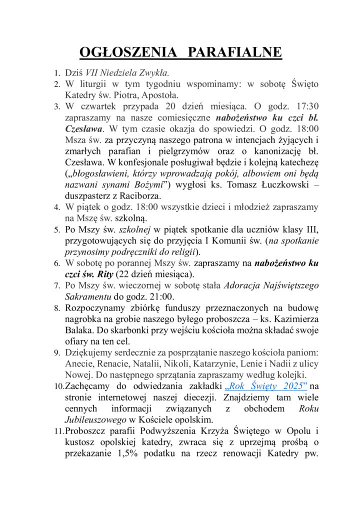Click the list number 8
[x=57, y=308]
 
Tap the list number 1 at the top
[x=57, y=73]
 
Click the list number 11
[x=59, y=431]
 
